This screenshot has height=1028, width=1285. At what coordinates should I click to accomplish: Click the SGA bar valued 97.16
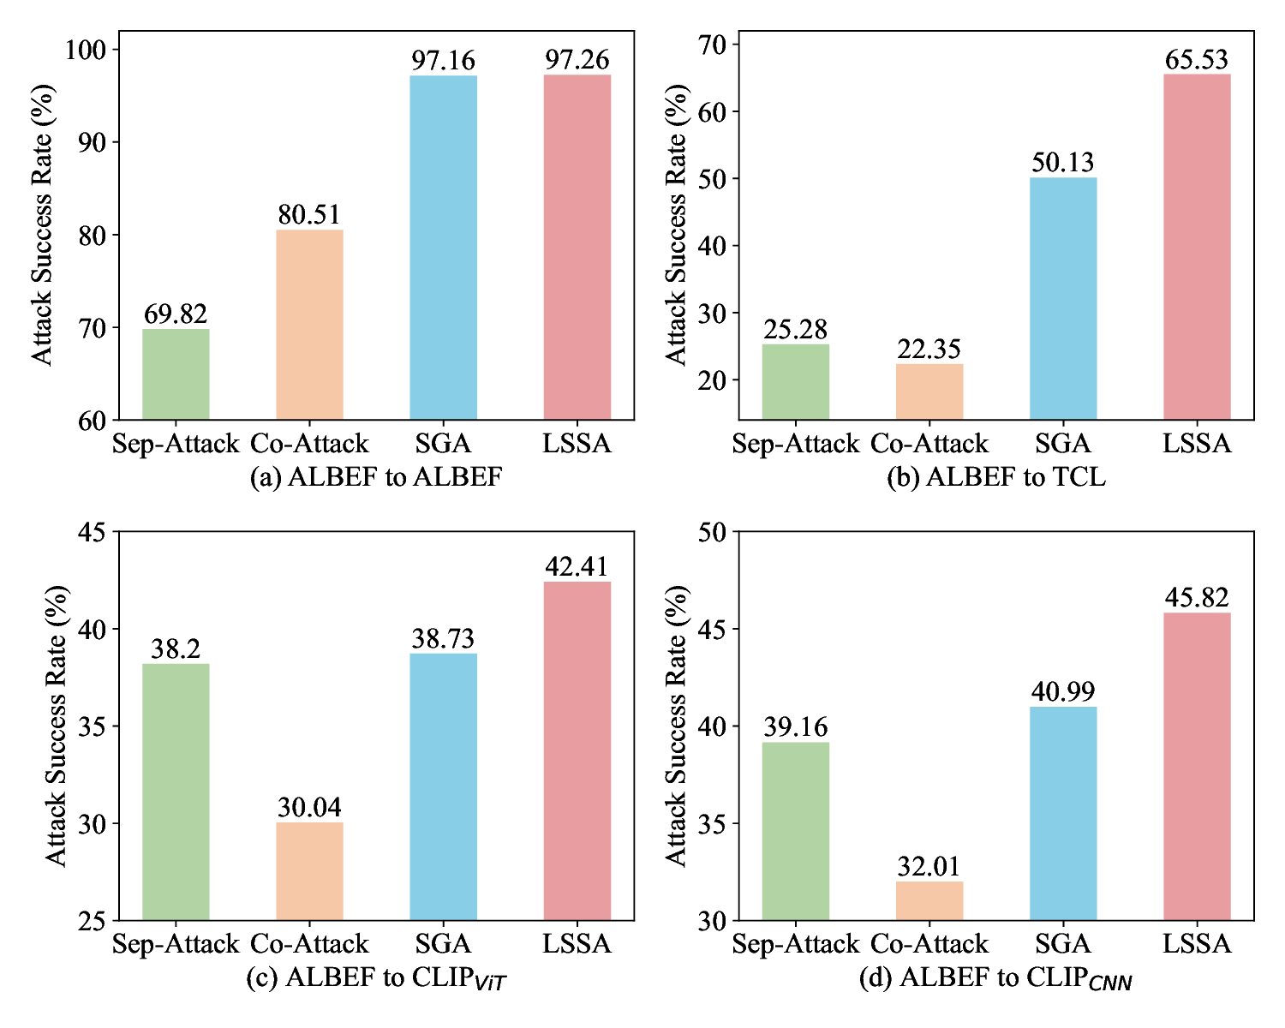coord(443,248)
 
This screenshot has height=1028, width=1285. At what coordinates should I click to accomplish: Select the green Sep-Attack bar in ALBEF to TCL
coord(795,381)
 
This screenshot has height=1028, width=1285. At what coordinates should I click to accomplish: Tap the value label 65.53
coord(1197,59)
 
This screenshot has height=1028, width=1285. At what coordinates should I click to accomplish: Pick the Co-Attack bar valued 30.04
coord(309,871)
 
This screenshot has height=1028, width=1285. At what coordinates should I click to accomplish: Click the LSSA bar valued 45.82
coord(1197,767)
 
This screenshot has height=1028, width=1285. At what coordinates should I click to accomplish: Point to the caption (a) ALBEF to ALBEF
coord(375,477)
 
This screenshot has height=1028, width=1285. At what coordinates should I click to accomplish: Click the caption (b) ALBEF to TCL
coord(995,477)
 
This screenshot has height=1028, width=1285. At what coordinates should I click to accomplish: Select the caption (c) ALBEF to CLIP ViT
coord(375,978)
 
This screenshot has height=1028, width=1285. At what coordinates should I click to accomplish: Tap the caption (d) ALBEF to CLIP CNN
coord(995,978)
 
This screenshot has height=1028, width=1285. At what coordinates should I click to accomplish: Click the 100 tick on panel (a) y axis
coord(86,50)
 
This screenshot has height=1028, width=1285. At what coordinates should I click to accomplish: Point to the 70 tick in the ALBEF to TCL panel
coord(711,45)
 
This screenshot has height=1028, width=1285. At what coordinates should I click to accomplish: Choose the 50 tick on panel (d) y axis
coord(711,532)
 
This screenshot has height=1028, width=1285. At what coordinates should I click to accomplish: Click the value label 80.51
coord(309,214)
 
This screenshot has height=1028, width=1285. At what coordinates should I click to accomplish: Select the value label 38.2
coord(176,648)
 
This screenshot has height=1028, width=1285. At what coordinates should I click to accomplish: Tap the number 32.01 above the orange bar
coord(929,866)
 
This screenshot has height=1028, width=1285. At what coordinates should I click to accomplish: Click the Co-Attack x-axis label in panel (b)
coord(929,444)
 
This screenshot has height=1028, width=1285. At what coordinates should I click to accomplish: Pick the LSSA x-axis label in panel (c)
coord(577,944)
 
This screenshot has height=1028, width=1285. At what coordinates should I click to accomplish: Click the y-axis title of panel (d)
coord(676,726)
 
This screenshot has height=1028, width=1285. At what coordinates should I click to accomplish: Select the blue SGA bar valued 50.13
coord(1063,298)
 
